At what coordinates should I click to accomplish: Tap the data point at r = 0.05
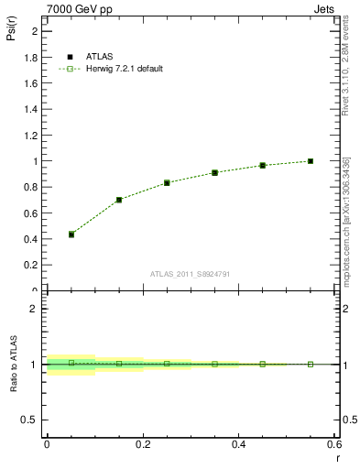pyautogui.click(x=71, y=234)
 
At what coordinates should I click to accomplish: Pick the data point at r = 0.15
pyautogui.click(x=119, y=200)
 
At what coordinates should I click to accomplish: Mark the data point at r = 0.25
pyautogui.click(x=167, y=182)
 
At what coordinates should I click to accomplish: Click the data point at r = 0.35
pyautogui.click(x=214, y=172)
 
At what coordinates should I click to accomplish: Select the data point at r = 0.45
pyautogui.click(x=263, y=165)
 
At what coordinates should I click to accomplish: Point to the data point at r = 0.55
pyautogui.click(x=311, y=161)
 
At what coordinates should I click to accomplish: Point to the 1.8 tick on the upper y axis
pyautogui.click(x=32, y=57)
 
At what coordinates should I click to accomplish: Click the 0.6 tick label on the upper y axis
pyautogui.click(x=32, y=213)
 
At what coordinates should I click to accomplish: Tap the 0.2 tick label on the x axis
pyautogui.click(x=143, y=443)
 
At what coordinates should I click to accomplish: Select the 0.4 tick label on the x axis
pyautogui.click(x=239, y=443)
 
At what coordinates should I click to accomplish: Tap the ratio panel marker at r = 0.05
pyautogui.click(x=71, y=363)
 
